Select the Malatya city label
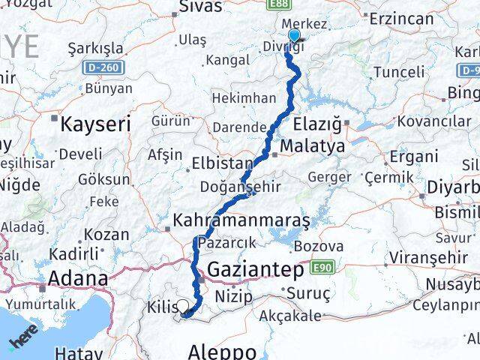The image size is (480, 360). click(313, 145)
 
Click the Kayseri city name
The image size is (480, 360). click(95, 124)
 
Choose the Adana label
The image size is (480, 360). click(77, 279)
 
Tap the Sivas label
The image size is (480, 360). click(201, 7)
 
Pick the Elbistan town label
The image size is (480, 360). click(223, 163)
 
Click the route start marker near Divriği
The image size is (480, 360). click(293, 35)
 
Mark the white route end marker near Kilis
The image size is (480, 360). click(182, 306)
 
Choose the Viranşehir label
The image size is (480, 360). click(418, 265)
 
